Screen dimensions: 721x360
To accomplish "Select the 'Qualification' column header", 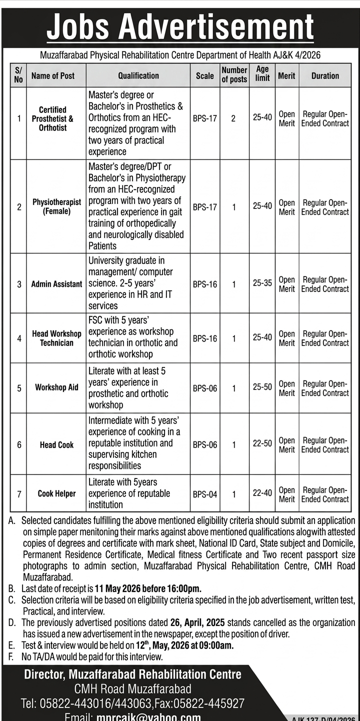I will point(138,76).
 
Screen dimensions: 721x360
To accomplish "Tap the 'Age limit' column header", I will point(262,73).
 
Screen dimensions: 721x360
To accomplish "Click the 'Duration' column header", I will point(325,76).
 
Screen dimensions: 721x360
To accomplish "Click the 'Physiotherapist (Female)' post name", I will point(56,207).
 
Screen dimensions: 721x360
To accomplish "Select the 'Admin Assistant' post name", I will point(56,284).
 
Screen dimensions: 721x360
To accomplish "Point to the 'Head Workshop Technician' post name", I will point(56,338).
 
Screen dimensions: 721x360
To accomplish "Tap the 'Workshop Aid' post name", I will point(56,387).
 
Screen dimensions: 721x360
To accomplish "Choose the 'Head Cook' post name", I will point(56,444).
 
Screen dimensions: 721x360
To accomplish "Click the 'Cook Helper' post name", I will point(56,493).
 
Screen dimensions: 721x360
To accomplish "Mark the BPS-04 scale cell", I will point(205,494).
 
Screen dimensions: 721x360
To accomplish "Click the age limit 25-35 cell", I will point(262,283).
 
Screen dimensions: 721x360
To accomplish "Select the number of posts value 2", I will point(233,119).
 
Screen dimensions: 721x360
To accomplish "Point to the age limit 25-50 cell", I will point(262,387).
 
